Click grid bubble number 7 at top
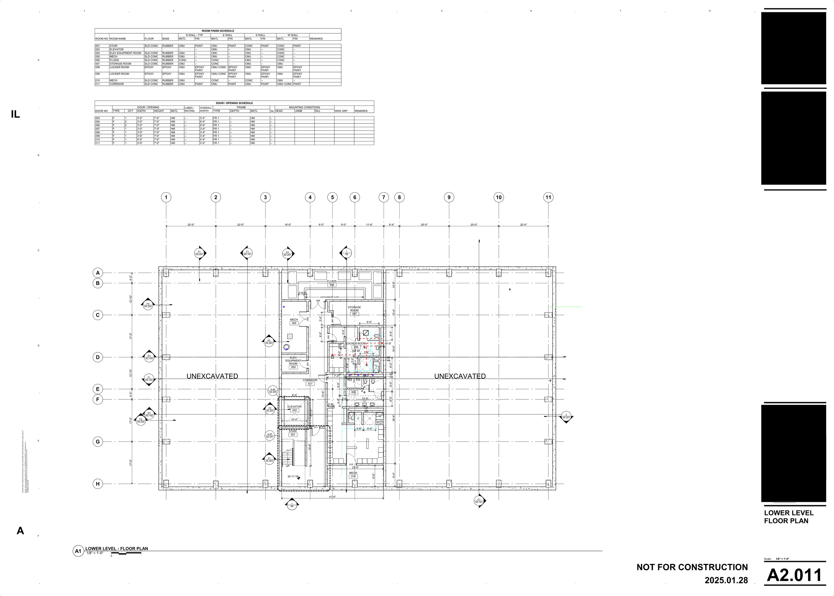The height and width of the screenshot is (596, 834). pyautogui.click(x=383, y=198)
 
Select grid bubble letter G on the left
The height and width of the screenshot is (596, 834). pyautogui.click(x=98, y=441)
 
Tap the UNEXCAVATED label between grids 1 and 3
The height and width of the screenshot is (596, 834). pyautogui.click(x=212, y=376)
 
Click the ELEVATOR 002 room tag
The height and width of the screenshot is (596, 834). pyautogui.click(x=294, y=408)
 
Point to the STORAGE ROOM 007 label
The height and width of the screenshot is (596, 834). pyautogui.click(x=354, y=310)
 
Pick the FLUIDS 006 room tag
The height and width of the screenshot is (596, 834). pyautogui.click(x=332, y=283)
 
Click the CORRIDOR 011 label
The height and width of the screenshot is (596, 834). pyautogui.click(x=310, y=382)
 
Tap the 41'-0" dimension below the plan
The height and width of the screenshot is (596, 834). pyautogui.click(x=332, y=497)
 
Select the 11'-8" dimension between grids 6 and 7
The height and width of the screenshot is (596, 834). pyautogui.click(x=369, y=225)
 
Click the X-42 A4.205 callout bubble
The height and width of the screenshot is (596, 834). pyautogui.click(x=273, y=390)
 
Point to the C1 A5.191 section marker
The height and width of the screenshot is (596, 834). pyautogui.click(x=479, y=501)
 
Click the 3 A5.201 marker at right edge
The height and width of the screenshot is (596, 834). pyautogui.click(x=566, y=416)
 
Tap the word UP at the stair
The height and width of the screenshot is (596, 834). pyautogui.click(x=288, y=466)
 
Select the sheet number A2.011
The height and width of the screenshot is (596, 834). pyautogui.click(x=794, y=575)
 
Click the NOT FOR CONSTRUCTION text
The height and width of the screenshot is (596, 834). pyautogui.click(x=692, y=567)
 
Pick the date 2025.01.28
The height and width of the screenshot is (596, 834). pyautogui.click(x=726, y=580)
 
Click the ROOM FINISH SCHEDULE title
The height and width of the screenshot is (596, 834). pyautogui.click(x=218, y=31)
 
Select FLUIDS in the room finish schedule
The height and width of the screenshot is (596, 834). pyautogui.click(x=114, y=60)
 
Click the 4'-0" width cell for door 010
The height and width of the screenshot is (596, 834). pyautogui.click(x=140, y=139)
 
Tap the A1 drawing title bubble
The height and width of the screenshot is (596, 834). pyautogui.click(x=78, y=551)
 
